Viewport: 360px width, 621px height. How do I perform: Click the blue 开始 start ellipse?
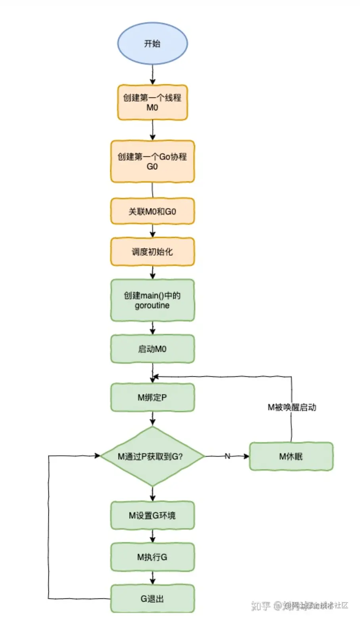(x=152, y=43)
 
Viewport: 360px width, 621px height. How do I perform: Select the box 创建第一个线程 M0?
(x=152, y=102)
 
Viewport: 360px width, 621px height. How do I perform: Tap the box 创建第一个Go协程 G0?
(x=152, y=161)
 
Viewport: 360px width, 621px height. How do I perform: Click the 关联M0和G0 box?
(x=152, y=211)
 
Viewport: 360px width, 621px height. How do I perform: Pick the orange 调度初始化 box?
(x=152, y=251)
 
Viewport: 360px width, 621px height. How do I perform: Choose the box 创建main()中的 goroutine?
(x=152, y=300)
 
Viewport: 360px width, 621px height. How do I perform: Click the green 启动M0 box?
(x=152, y=349)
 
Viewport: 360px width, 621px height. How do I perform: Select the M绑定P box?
(x=152, y=397)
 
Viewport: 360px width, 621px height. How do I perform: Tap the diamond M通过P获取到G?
(x=152, y=456)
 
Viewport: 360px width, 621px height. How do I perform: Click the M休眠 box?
(x=291, y=456)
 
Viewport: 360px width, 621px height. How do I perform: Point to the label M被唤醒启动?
(x=292, y=407)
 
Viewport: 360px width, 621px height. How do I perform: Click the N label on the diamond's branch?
(x=228, y=456)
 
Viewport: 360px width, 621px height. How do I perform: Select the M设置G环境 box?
(x=152, y=516)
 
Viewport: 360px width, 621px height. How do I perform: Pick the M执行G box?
(x=152, y=557)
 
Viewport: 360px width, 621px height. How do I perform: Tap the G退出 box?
(x=152, y=599)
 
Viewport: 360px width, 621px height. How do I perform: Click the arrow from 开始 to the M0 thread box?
(x=153, y=75)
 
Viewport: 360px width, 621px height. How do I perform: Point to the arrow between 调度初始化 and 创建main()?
(x=153, y=272)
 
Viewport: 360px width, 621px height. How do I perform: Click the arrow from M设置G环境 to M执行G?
(x=153, y=536)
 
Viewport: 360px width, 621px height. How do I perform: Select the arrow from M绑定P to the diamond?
(x=153, y=419)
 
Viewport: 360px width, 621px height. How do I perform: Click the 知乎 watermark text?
(x=261, y=606)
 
